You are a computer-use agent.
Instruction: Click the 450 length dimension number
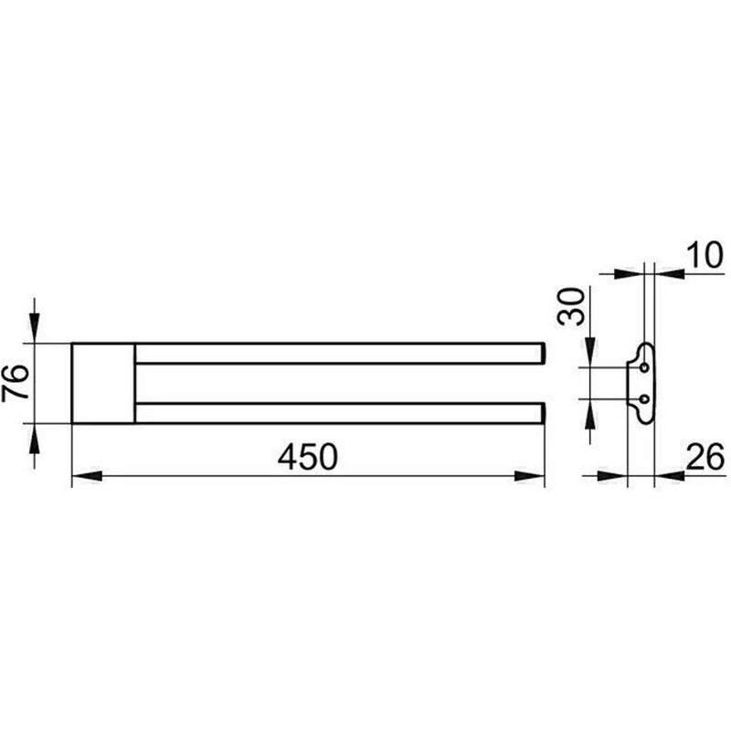click(308, 457)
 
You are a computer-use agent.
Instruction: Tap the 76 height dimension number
click(16, 383)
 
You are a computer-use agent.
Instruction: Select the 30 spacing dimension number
click(570, 306)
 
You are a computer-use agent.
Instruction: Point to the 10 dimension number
click(705, 256)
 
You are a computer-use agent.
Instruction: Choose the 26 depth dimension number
click(705, 457)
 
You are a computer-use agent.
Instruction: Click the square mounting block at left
click(103, 383)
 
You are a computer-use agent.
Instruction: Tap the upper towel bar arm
click(340, 353)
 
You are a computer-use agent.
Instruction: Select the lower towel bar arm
click(340, 413)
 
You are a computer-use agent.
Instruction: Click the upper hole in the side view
click(645, 368)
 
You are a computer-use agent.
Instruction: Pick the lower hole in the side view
click(645, 399)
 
